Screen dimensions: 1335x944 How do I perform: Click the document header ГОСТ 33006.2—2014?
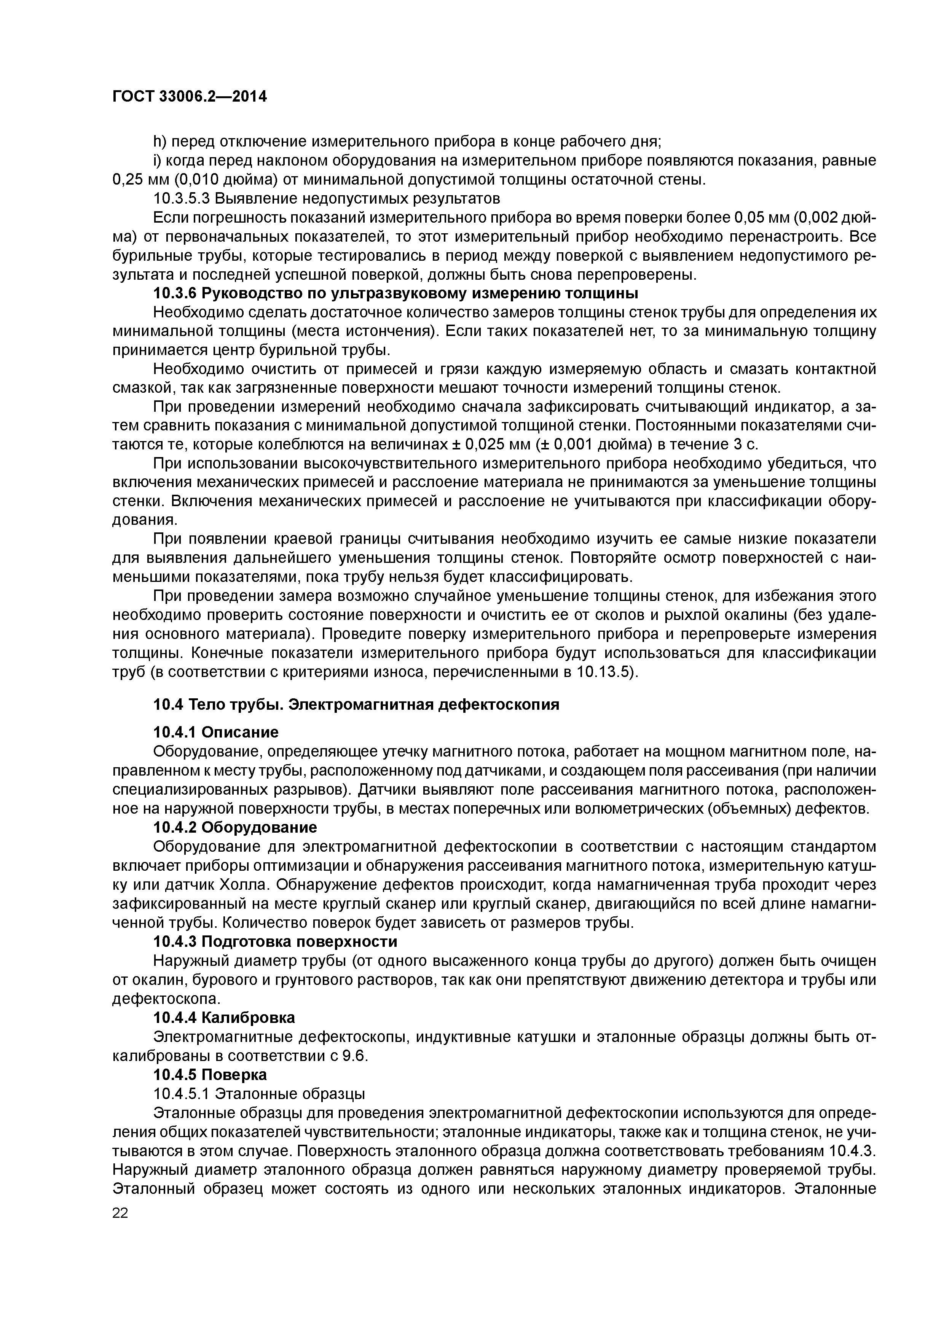click(x=189, y=97)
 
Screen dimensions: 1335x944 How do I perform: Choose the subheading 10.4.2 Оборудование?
click(x=235, y=827)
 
